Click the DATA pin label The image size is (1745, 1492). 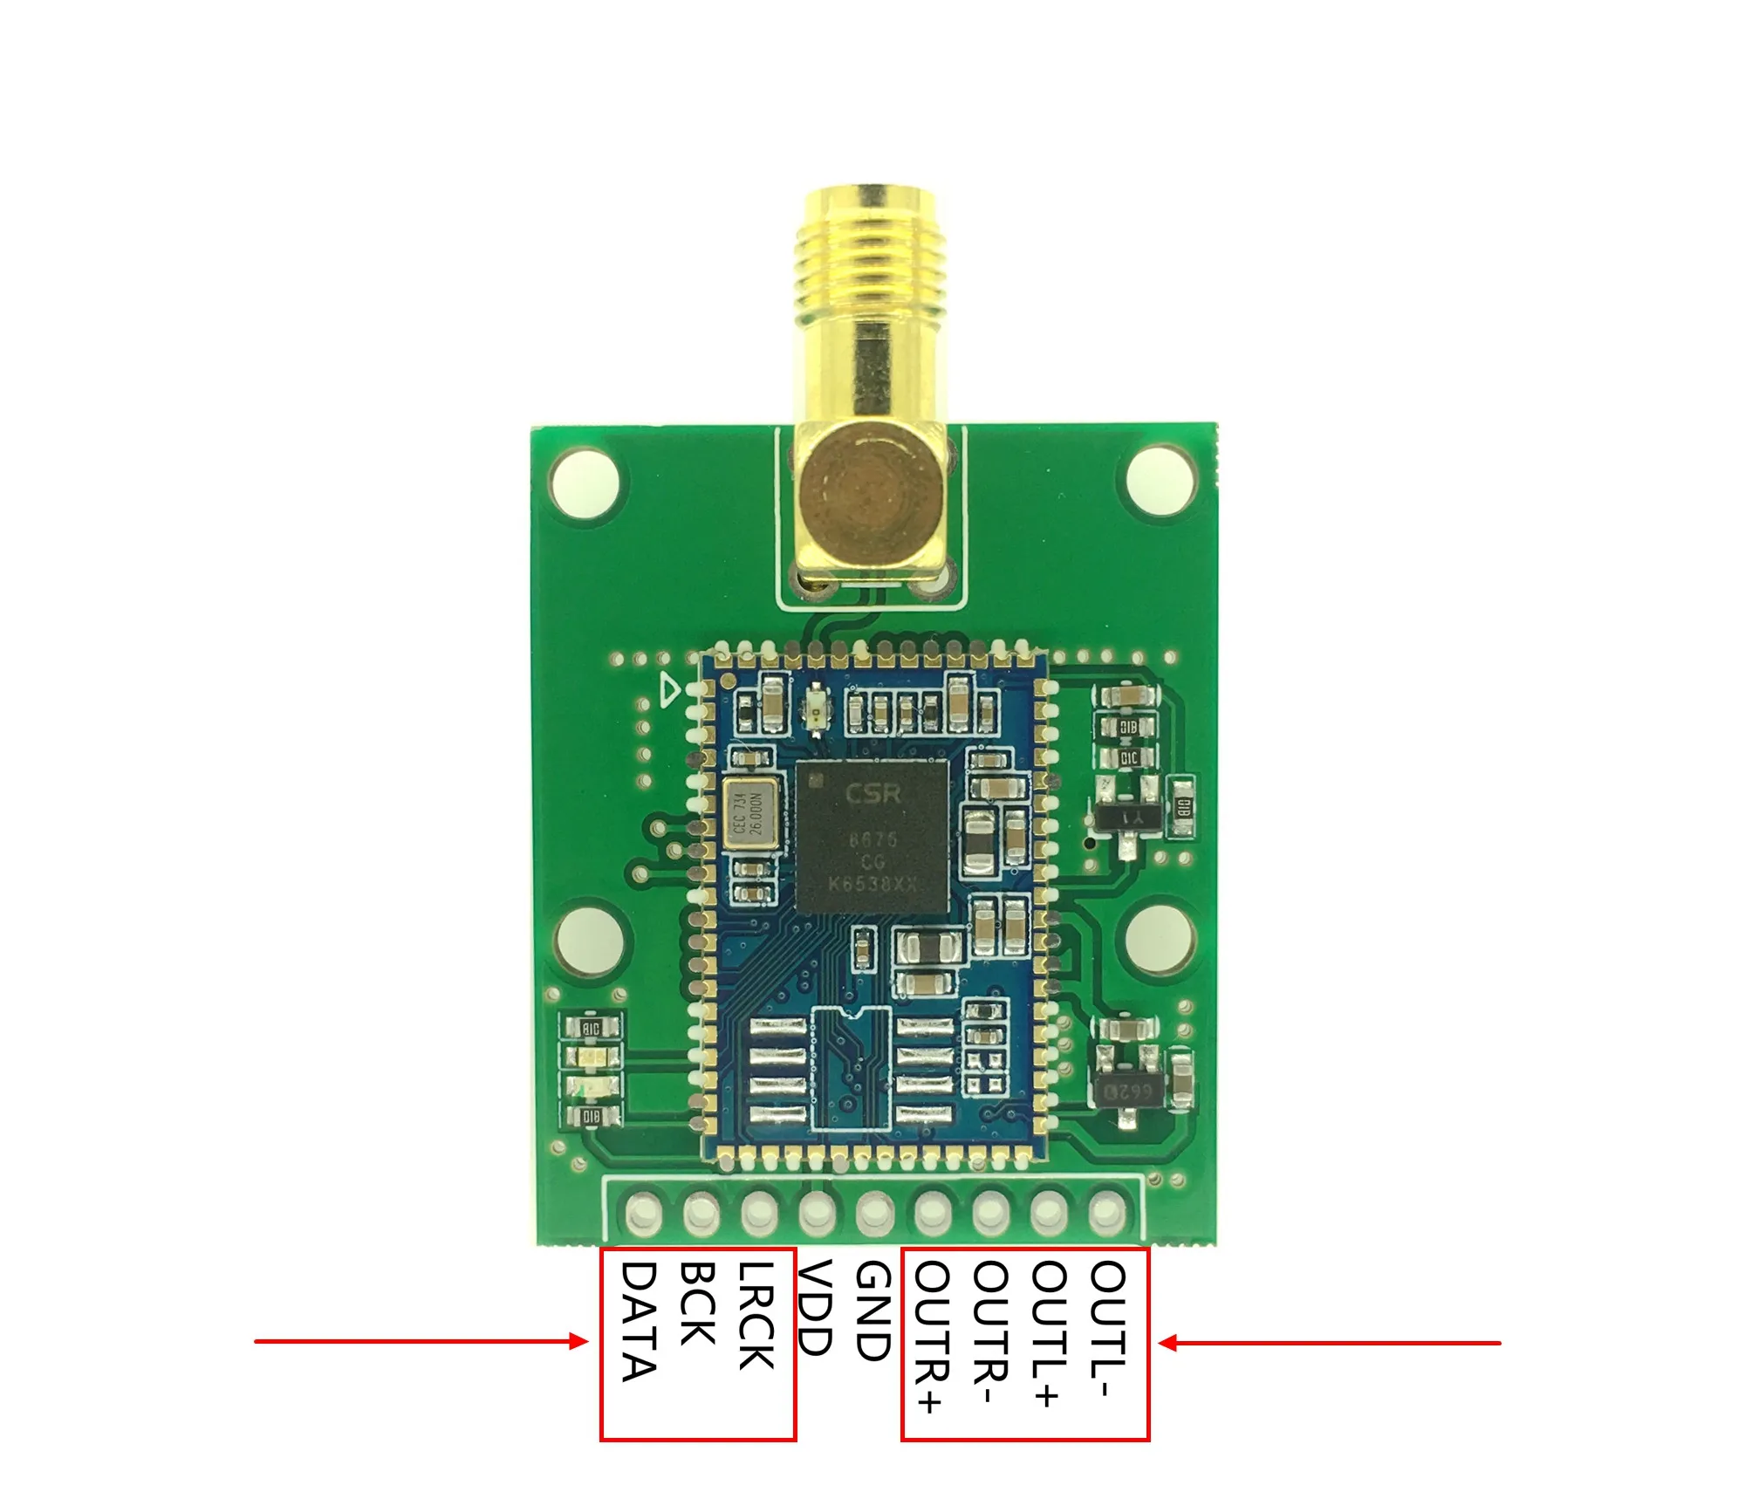639,1321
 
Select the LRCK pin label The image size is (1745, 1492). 756,1315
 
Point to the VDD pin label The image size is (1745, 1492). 815,1306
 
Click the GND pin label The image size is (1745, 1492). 872,1311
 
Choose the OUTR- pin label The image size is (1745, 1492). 989,1331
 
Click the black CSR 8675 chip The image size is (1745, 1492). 872,836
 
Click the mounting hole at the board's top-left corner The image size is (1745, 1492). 585,482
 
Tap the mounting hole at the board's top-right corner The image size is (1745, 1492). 1160,480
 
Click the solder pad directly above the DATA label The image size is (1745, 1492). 643,1211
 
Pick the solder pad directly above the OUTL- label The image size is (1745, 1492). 1107,1211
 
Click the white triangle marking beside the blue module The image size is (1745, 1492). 670,690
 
